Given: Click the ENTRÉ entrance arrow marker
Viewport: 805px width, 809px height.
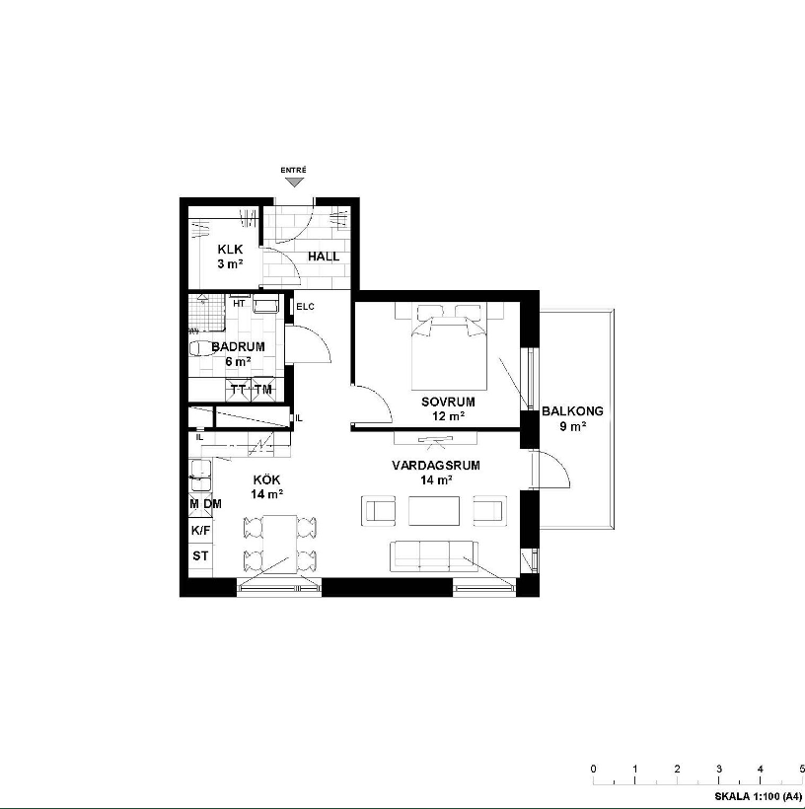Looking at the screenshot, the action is tap(295, 182).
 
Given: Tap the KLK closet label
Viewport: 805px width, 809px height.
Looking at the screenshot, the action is tap(230, 250).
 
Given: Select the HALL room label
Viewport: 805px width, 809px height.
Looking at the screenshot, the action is tap(324, 257).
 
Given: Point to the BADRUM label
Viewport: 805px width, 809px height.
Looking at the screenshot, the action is tap(238, 346).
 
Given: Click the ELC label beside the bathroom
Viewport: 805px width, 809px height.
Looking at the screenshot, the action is tap(305, 307).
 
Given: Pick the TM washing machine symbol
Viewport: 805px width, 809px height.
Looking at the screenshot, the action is tap(263, 389).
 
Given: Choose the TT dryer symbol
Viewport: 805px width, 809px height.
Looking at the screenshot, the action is tap(238, 389).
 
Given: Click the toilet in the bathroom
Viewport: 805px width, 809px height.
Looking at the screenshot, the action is tap(199, 349).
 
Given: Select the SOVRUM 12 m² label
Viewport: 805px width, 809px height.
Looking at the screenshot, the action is tap(448, 408).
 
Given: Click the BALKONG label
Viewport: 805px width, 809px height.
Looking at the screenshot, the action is tap(572, 411).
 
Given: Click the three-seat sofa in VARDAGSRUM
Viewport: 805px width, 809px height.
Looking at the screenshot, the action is tap(434, 556).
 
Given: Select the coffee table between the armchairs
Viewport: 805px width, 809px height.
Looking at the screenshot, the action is tap(434, 511).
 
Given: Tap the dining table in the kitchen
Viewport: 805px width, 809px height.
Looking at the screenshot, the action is tap(280, 544).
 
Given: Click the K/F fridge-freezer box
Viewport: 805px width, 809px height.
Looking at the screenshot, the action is tap(200, 530).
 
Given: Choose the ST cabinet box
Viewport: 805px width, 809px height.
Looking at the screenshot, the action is tap(200, 555).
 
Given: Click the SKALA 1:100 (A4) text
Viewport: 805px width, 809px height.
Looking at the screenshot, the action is tap(758, 796).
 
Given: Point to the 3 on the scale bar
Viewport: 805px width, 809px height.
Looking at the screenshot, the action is tap(719, 769).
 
